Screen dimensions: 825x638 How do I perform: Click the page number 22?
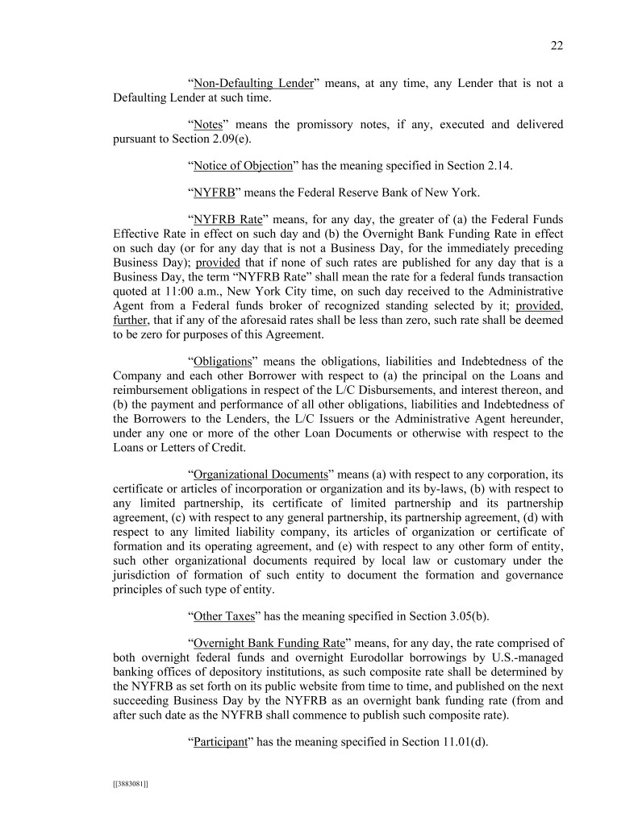557,46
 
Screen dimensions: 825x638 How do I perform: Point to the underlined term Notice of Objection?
243,166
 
